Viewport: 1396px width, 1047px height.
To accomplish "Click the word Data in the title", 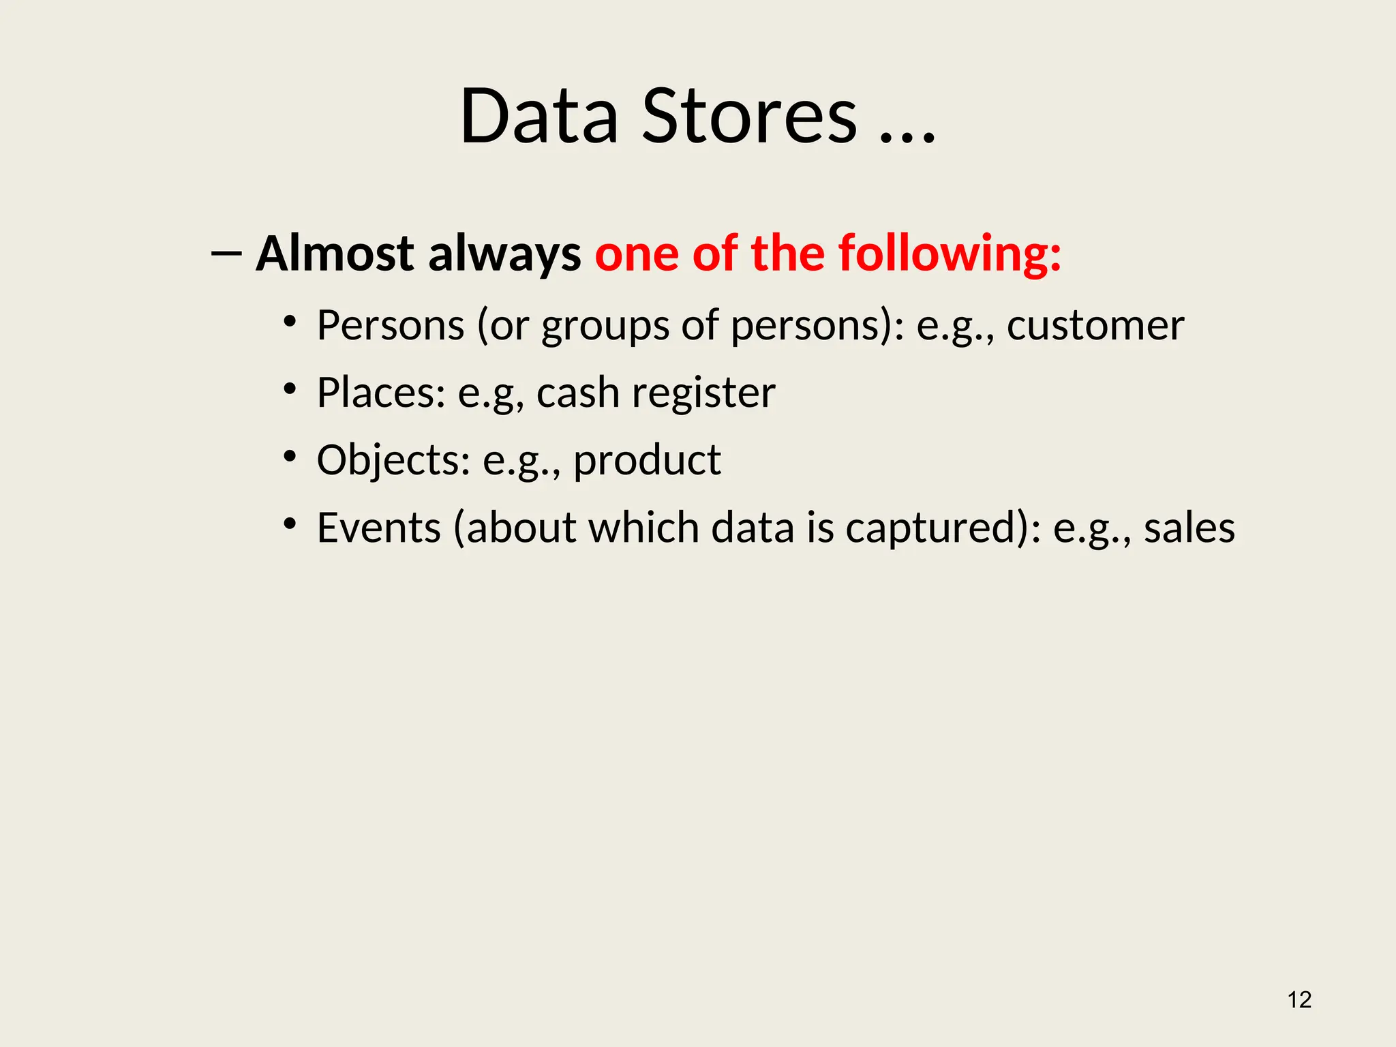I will (539, 117).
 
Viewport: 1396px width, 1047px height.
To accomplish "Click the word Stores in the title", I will (749, 117).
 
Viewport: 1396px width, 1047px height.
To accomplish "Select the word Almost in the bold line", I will (335, 254).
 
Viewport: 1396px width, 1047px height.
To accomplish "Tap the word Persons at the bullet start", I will (391, 325).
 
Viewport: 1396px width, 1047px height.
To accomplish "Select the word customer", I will (1095, 325).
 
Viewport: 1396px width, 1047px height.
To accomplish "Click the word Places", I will (381, 393).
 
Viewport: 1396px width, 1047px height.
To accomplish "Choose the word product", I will (647, 461).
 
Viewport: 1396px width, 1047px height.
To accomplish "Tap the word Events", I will (379, 528).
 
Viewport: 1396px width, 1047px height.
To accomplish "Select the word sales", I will (1189, 528).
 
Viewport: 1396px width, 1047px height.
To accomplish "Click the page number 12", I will (1299, 1000).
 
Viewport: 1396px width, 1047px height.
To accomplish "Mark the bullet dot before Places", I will (290, 389).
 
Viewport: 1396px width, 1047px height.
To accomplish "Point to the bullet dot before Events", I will (290, 523).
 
